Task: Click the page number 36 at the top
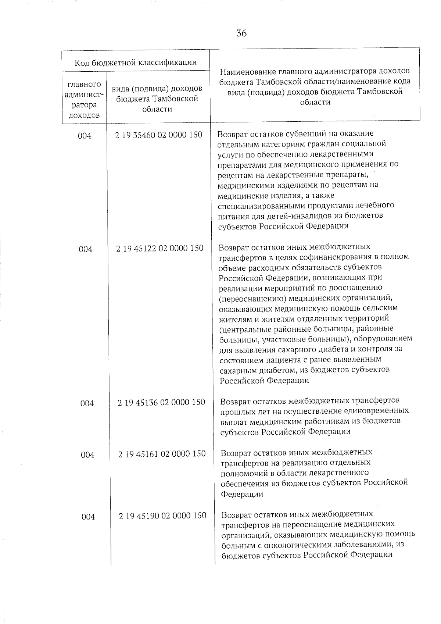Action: point(241,33)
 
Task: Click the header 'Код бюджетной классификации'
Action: point(136,62)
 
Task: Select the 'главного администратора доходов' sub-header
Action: point(84,100)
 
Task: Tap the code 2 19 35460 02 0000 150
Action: point(158,135)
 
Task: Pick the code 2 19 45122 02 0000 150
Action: point(159,249)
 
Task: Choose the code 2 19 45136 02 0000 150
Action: point(161,402)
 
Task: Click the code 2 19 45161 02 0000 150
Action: point(162,454)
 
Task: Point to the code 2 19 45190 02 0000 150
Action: point(162,516)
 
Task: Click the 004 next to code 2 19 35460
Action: point(85,136)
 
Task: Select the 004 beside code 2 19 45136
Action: point(87,404)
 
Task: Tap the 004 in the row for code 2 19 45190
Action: point(88,517)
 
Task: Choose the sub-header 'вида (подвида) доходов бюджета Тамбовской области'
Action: point(157,99)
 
